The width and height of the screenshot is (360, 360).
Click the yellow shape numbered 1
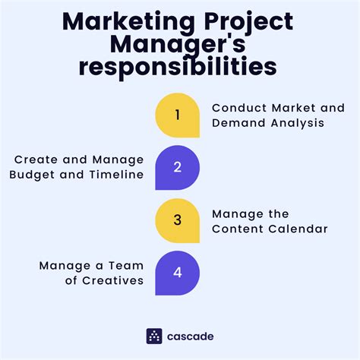(178, 115)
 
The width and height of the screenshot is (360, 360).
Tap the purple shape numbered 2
(178, 168)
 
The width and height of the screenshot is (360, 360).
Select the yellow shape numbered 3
(178, 220)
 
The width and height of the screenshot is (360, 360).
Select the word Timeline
(116, 175)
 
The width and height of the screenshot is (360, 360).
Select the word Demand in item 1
(235, 123)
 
